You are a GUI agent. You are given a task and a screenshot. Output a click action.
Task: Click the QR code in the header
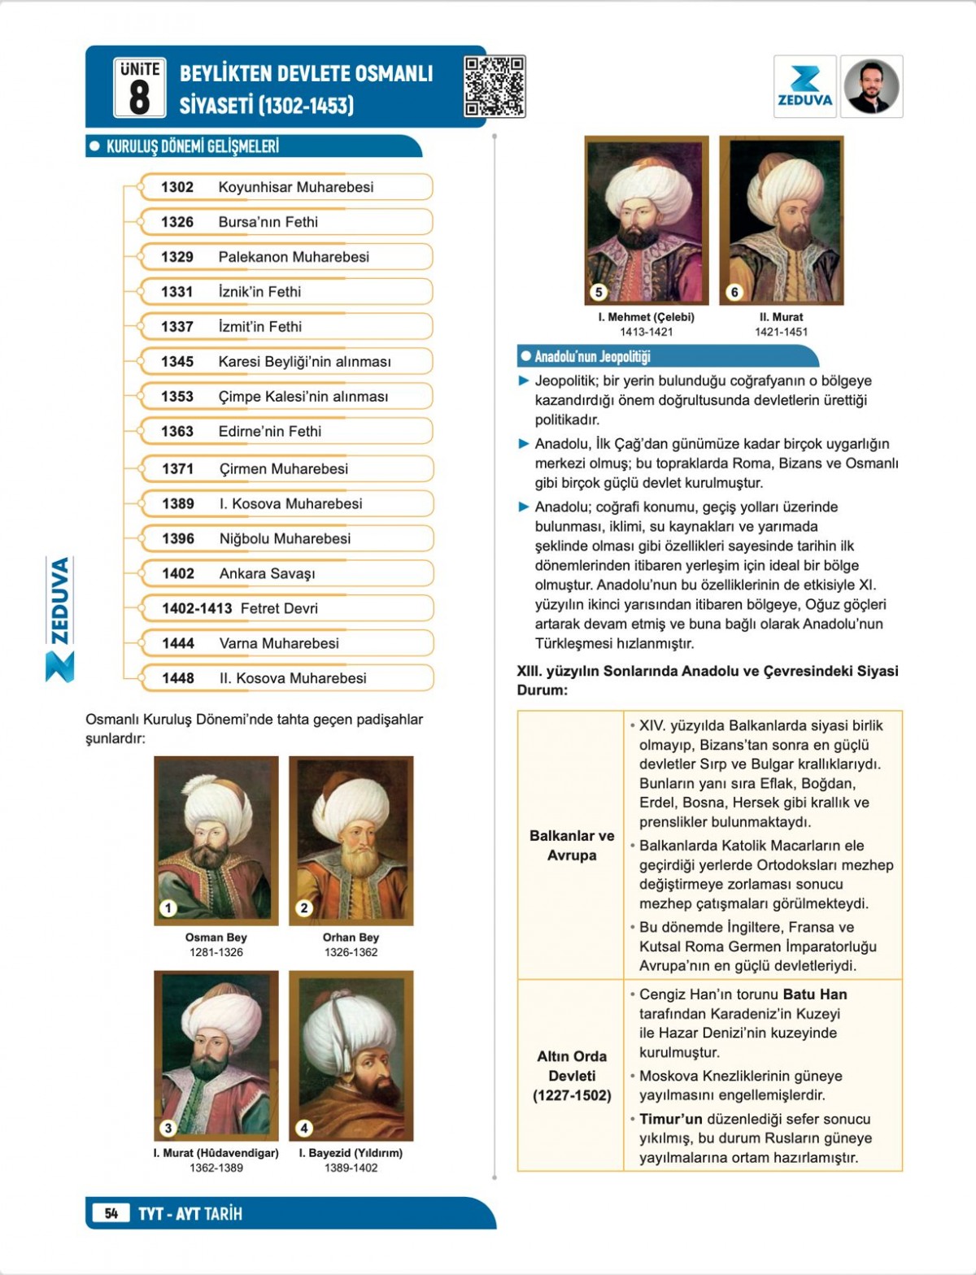[x=495, y=86]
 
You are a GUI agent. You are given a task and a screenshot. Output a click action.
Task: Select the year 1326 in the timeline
[x=177, y=222]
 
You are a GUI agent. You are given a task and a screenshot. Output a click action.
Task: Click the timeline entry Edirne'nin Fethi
[x=269, y=431]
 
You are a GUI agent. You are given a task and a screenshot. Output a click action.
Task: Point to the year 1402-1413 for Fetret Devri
[x=197, y=608]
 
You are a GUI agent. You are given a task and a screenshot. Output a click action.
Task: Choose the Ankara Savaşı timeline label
[x=267, y=573]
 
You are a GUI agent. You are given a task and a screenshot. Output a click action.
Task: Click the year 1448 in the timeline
[x=178, y=678]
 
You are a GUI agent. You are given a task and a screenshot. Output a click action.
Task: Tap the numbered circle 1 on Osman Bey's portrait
[x=168, y=908]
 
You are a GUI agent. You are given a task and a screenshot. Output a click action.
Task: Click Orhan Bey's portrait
[x=351, y=840]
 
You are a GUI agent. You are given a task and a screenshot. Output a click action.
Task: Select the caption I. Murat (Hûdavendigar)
[x=216, y=1153]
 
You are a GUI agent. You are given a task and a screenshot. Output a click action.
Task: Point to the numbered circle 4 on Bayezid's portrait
[x=304, y=1128]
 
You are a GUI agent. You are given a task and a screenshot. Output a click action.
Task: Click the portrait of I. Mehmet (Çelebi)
[x=647, y=220]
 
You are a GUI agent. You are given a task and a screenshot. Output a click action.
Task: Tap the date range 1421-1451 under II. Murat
[x=781, y=332]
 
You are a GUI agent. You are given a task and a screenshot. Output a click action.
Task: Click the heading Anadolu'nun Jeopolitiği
[x=592, y=356]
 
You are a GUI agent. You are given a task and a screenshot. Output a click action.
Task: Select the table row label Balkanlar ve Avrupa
[x=572, y=846]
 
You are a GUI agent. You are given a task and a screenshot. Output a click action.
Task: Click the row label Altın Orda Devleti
[x=572, y=1075]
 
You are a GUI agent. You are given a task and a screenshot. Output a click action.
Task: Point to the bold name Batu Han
[x=814, y=994]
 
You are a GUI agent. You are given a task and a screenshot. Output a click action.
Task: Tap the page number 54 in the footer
[x=111, y=1213]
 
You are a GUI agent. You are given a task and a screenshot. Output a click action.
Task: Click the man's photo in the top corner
[x=871, y=87]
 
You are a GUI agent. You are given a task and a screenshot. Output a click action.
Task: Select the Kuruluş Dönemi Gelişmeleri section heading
[x=193, y=146]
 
